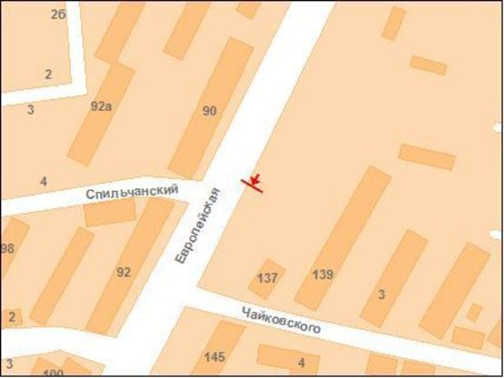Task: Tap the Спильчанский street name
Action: pos(131,192)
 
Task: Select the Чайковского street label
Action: pos(282,320)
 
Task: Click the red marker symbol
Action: pos(254,182)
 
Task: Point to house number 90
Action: pos(210,111)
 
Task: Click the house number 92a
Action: pos(101,105)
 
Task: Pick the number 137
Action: pos(267,277)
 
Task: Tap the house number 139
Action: pos(322,274)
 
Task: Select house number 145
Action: pos(215,356)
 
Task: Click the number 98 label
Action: pos(7,248)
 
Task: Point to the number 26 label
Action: pos(59,15)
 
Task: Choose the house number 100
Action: pos(53,373)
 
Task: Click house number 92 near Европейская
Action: pos(124,272)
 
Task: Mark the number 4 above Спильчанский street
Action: pos(43,182)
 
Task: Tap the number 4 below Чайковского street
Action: pos(301,363)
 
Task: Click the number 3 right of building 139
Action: pos(381,293)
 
